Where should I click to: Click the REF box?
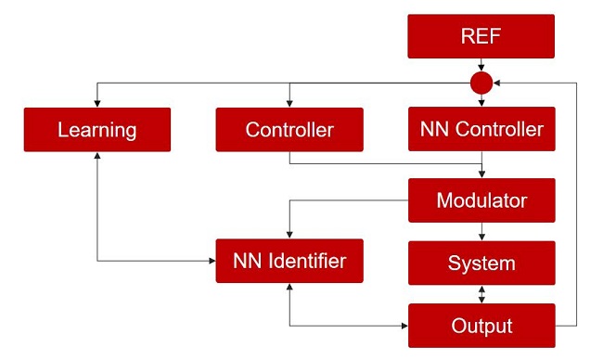point(481,36)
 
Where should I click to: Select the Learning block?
point(97,130)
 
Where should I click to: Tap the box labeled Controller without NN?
point(289,130)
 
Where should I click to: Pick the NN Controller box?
point(481,129)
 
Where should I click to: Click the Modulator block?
point(481,200)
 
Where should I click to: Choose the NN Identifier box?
point(289,261)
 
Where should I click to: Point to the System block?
point(481,264)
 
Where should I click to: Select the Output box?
point(481,326)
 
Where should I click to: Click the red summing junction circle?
point(481,83)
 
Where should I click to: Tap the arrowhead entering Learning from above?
point(97,104)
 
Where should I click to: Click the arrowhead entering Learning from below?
point(97,156)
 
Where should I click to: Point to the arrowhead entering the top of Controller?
point(289,104)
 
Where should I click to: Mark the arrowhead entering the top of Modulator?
point(481,174)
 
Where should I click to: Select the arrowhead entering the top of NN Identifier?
point(289,235)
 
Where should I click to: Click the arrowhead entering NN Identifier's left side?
point(212,261)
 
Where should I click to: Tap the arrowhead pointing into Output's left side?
point(404,327)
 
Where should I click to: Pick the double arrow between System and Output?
point(481,295)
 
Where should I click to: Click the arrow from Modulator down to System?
point(481,232)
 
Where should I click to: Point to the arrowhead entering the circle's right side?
point(497,83)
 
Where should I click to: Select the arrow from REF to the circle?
point(481,65)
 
